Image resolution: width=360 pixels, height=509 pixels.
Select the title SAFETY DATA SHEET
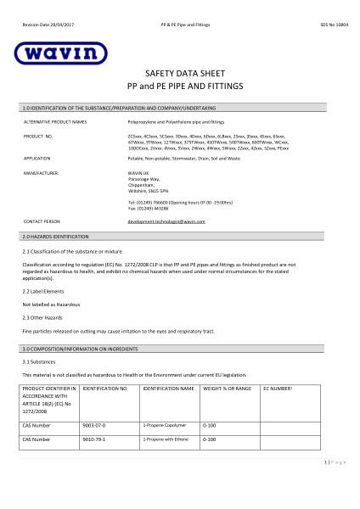coord(179,75)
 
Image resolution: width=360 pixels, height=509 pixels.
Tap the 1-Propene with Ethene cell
coord(164,439)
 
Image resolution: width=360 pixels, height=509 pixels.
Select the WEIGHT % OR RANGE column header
coord(226,388)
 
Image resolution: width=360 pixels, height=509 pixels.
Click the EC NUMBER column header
coord(279,388)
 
